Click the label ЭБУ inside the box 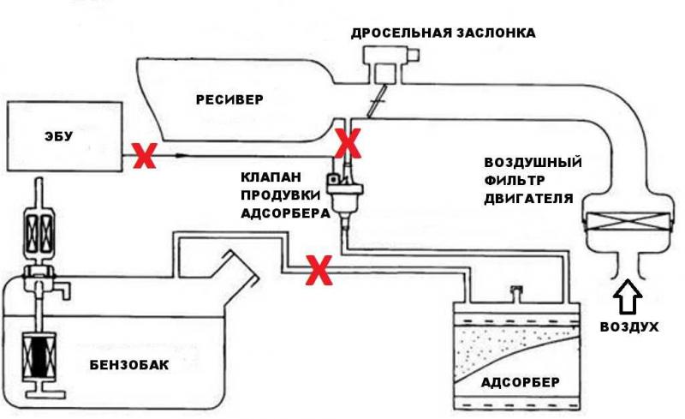click(x=58, y=136)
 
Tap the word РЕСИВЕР click(x=229, y=99)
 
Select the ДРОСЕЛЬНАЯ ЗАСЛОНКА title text click(x=443, y=33)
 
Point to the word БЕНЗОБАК click(x=129, y=365)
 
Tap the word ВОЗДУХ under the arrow click(x=629, y=326)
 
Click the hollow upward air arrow click(x=628, y=296)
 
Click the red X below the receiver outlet click(x=348, y=143)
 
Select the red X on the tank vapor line click(x=319, y=270)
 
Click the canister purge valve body click(x=345, y=193)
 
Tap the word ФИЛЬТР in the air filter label click(x=515, y=180)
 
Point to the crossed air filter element click(x=628, y=221)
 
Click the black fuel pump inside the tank click(x=39, y=355)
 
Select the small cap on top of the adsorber click(x=516, y=292)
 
